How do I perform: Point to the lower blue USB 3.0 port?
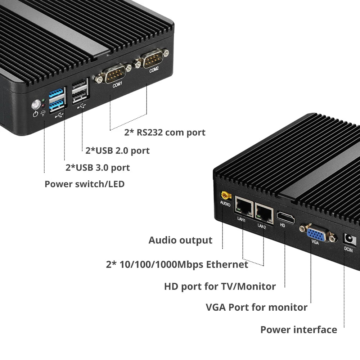pos(57,105)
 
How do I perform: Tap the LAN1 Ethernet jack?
pos(244,207)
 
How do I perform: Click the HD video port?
pos(285,217)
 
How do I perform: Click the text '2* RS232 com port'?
pos(165,132)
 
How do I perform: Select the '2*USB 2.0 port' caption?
pos(117,150)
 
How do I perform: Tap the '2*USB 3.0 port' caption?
pos(98,167)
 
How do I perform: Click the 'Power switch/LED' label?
pos(85,184)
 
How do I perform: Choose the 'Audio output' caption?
pos(180,240)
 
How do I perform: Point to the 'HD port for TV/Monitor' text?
pos(220,287)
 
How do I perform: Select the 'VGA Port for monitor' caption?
pos(256,307)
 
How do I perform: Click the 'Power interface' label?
pos(298,329)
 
